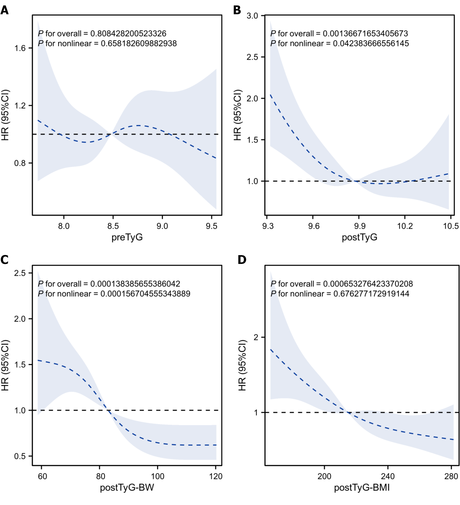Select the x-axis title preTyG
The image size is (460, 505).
click(127, 237)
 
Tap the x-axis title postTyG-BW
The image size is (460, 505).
click(127, 487)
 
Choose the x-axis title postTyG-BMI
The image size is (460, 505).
click(362, 487)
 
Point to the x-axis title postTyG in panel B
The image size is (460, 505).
click(359, 237)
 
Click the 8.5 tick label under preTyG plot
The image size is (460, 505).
click(113, 226)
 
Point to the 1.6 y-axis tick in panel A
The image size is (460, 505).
click(20, 48)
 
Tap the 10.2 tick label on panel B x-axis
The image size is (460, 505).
click(405, 226)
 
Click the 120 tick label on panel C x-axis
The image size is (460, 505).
click(215, 476)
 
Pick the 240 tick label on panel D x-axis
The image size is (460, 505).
click(388, 476)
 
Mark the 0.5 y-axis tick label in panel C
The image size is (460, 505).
click(20, 456)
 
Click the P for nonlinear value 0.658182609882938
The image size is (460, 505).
click(139, 44)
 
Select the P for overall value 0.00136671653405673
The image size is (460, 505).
click(365, 34)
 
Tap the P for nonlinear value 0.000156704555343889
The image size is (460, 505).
click(145, 294)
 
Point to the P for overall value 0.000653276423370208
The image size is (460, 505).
click(368, 284)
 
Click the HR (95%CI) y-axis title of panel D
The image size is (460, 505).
click(242, 365)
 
